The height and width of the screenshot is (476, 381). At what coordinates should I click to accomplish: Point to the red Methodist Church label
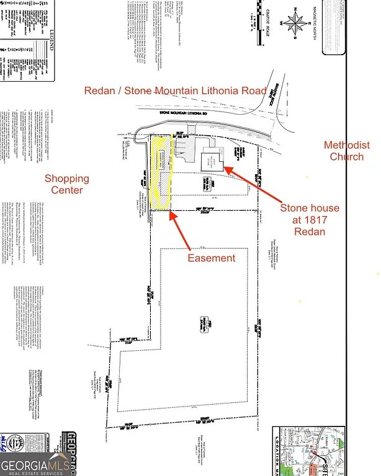tap(347, 151)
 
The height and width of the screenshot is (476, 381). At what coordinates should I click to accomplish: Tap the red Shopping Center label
tap(67, 184)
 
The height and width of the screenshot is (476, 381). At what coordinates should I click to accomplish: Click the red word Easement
tap(212, 258)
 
